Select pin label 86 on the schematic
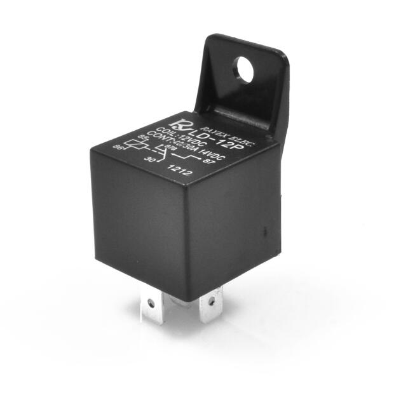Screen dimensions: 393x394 point(119,147)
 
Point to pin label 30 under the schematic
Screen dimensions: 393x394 point(151,159)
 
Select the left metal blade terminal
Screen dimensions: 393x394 point(151,306)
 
